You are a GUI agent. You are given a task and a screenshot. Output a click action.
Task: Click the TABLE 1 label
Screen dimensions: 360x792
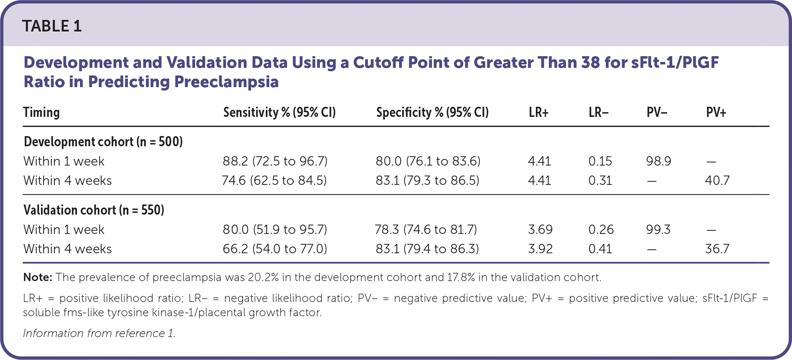[52, 26]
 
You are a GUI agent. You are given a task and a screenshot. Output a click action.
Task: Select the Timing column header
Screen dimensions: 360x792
[41, 112]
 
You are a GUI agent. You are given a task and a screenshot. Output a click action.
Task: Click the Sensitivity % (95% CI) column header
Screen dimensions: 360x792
[279, 112]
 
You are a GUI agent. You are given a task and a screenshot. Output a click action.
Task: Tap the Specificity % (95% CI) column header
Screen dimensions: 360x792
[432, 112]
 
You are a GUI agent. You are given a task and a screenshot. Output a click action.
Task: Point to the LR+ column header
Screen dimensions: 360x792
[539, 112]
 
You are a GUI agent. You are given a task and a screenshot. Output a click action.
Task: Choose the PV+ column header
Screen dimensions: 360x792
[716, 112]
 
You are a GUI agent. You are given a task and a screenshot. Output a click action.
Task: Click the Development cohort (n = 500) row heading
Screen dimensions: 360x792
[103, 142]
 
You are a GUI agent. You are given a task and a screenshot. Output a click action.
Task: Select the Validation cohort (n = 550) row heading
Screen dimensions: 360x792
[94, 210]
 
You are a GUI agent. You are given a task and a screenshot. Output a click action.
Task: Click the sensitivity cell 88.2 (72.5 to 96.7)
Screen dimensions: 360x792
[275, 161]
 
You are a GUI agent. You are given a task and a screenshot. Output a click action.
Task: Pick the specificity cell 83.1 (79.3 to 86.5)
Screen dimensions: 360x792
[427, 180]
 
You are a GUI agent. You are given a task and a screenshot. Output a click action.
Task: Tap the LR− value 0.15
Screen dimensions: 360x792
[600, 161]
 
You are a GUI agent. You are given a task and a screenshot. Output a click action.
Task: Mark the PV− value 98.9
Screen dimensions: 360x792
[658, 161]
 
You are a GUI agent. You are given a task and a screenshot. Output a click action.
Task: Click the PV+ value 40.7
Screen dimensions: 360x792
[717, 180]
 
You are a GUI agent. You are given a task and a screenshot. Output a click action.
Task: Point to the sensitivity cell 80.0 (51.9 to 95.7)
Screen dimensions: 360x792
[275, 229]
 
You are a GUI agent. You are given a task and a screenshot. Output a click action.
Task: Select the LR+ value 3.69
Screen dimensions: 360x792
[540, 229]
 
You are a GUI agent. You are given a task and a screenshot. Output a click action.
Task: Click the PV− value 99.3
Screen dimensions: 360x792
[658, 229]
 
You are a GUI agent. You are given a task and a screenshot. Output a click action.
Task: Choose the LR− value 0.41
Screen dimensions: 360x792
[600, 249]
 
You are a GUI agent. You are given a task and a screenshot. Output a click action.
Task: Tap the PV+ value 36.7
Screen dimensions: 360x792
[717, 249]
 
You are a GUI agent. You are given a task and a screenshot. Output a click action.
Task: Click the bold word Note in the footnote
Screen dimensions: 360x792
[37, 277]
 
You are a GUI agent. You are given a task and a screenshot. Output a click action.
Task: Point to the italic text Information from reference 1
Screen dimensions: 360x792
[99, 333]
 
